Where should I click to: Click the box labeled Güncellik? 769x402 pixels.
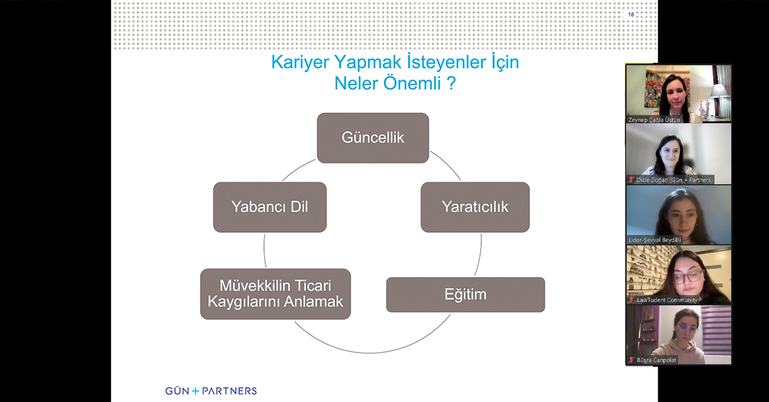tap(373, 138)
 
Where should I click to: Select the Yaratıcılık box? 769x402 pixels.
tap(475, 207)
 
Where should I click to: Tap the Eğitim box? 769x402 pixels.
tap(465, 295)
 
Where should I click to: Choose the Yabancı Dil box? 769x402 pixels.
tap(270, 207)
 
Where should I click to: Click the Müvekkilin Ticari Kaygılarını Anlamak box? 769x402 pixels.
tap(276, 294)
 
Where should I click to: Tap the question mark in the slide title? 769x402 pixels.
tap(451, 83)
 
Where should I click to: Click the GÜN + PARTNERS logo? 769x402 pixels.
tap(211, 390)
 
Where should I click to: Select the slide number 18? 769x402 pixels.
tap(631, 14)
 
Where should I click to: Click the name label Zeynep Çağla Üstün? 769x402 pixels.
tap(656, 119)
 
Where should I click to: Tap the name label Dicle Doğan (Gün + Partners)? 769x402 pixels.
tap(674, 180)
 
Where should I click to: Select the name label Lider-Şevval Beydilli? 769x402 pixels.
tap(655, 240)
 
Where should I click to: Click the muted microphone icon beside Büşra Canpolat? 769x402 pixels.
tap(631, 360)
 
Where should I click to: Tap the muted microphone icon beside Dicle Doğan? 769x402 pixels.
tap(631, 180)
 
